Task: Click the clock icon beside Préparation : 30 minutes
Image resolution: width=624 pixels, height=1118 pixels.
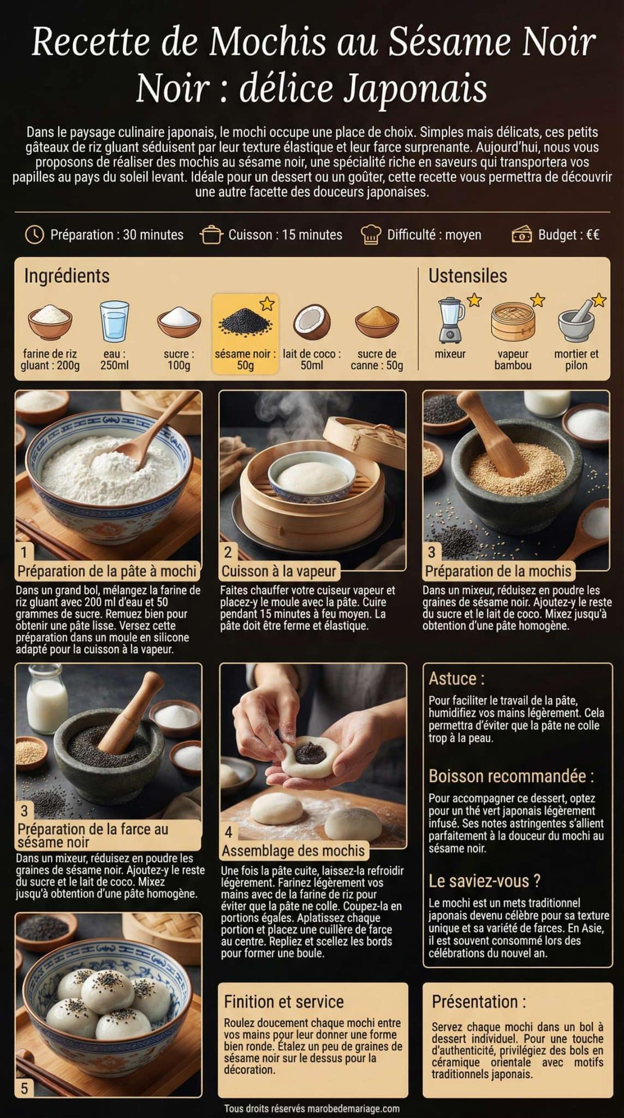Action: pyautogui.click(x=34, y=235)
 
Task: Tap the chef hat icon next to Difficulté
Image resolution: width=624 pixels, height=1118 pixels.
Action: pyautogui.click(x=371, y=235)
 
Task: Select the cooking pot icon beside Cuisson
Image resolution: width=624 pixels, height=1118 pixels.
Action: pyautogui.click(x=212, y=235)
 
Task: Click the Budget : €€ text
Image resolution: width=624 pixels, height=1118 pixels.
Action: pyautogui.click(x=568, y=235)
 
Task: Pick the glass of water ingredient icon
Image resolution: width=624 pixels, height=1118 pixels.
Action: pyautogui.click(x=115, y=321)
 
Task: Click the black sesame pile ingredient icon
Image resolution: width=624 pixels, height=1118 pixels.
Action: pyautogui.click(x=245, y=322)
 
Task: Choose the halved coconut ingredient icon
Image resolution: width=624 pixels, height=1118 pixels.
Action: pyautogui.click(x=312, y=322)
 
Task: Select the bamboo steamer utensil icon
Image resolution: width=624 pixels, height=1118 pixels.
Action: pyautogui.click(x=513, y=322)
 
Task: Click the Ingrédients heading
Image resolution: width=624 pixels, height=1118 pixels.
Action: pyautogui.click(x=67, y=276)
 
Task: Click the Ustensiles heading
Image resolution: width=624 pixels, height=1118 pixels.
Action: pyautogui.click(x=467, y=276)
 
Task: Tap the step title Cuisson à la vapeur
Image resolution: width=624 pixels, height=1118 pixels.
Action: pyautogui.click(x=279, y=572)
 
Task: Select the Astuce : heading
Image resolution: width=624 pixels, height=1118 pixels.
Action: pyautogui.click(x=456, y=679)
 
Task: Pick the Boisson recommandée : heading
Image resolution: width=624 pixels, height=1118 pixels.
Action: pyautogui.click(x=511, y=776)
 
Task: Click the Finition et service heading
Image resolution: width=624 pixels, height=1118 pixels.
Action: pyautogui.click(x=284, y=1001)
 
